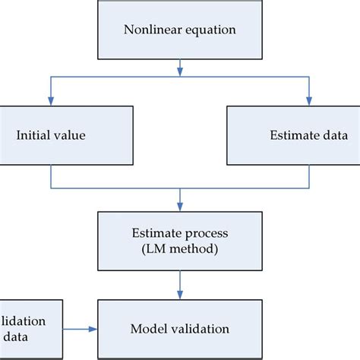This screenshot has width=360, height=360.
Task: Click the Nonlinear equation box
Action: pos(179,30)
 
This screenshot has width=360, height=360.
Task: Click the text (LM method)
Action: pos(179,248)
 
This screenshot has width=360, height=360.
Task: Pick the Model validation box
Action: pos(179,329)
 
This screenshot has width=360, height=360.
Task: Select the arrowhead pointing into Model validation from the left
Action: pos(95,329)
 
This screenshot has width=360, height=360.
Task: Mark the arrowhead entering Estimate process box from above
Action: pos(179,206)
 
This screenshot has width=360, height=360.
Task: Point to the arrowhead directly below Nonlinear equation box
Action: pos(179,71)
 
